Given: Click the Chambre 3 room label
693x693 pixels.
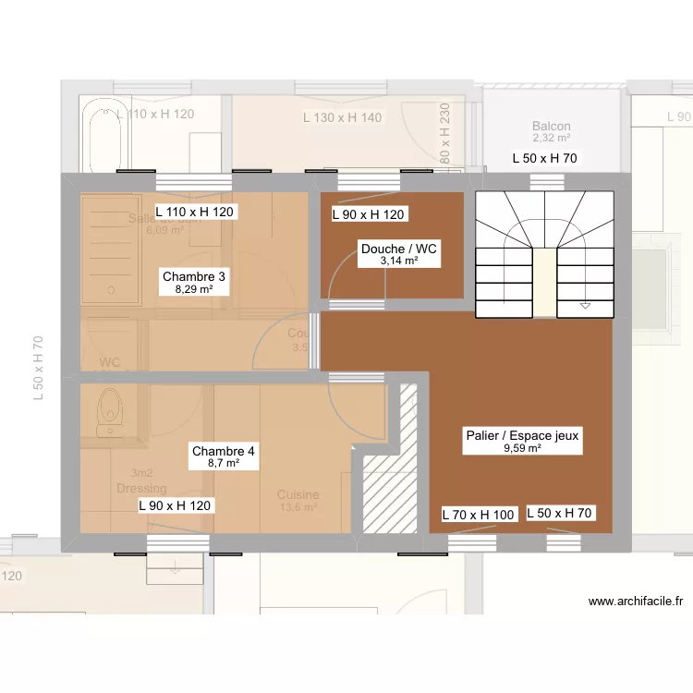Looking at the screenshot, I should click(194, 276).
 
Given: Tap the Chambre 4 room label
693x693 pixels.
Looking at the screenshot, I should click(223, 452).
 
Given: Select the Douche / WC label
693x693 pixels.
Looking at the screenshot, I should click(398, 249).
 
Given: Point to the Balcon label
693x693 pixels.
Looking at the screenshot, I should click(551, 127).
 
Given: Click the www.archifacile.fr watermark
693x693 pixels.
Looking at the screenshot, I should click(635, 601).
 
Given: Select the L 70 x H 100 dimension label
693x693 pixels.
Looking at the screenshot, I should click(478, 514).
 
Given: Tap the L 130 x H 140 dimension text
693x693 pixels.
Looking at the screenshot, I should click(342, 117).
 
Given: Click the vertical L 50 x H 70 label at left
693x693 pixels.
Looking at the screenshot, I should click(39, 367).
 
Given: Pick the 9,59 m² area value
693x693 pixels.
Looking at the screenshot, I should click(522, 448).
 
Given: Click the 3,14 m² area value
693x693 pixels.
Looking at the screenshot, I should click(398, 261).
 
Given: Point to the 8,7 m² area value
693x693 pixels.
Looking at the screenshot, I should click(223, 464).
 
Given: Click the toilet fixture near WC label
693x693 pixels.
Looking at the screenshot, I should click(110, 412).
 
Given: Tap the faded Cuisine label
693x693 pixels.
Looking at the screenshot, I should click(298, 495).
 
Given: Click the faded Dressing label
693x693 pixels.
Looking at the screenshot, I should click(141, 488).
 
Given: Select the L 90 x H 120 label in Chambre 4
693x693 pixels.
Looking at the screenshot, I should click(176, 505).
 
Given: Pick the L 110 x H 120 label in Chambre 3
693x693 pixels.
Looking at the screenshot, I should click(195, 212).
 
